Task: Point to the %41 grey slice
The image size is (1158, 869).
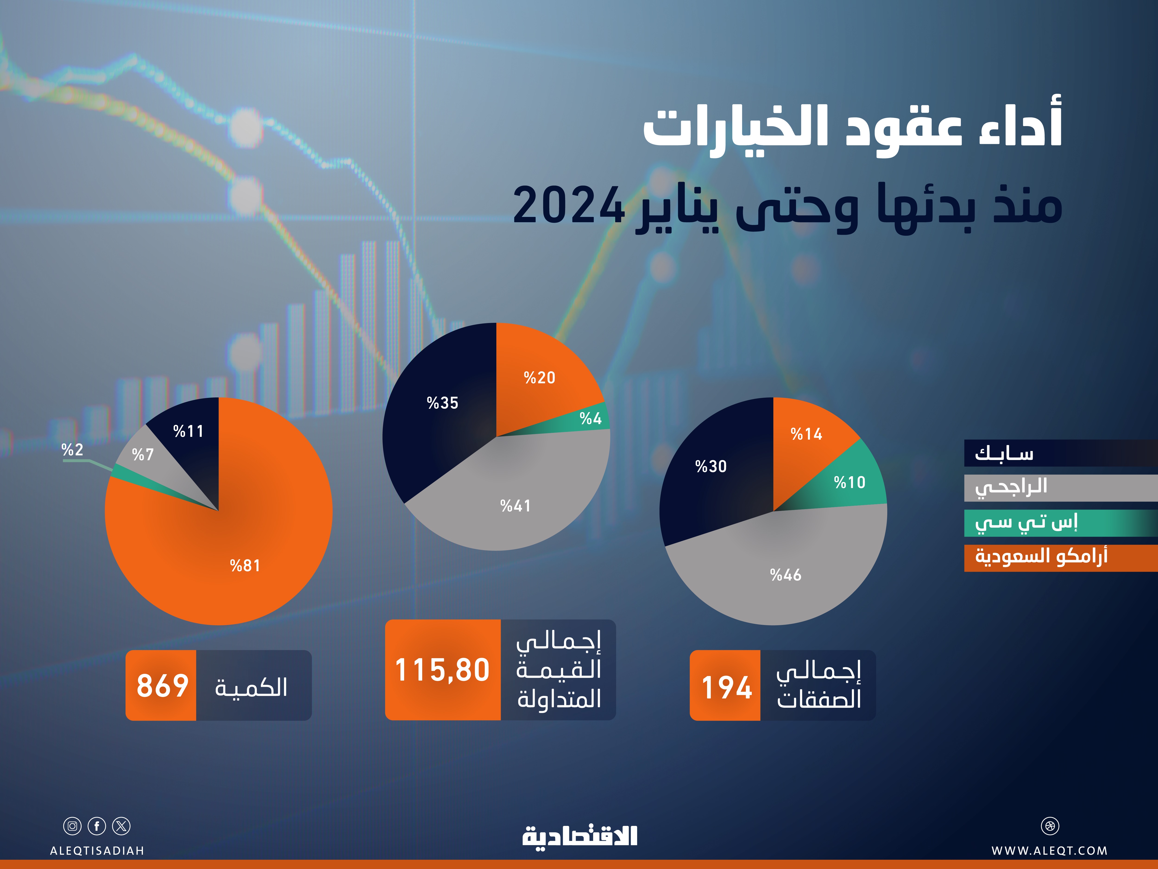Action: [516, 505]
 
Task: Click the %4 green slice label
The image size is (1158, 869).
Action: [591, 419]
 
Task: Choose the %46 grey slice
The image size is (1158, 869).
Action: [785, 575]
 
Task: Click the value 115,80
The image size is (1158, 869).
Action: [442, 670]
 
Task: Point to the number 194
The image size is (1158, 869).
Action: [727, 687]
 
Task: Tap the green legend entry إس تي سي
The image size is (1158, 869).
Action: [1026, 523]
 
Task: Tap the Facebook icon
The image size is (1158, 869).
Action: [97, 826]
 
